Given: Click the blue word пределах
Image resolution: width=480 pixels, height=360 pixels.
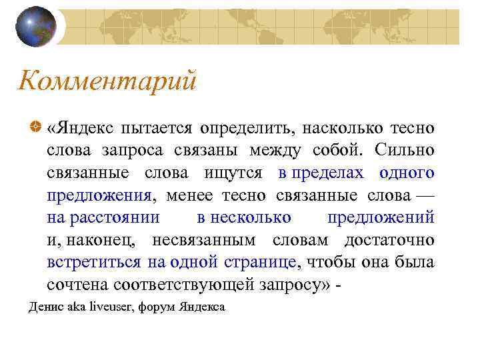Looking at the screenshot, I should click(x=325, y=173).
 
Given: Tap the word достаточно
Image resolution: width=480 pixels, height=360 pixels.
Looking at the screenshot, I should click(x=389, y=240).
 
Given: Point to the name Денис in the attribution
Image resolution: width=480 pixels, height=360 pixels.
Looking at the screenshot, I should click(x=43, y=307).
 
